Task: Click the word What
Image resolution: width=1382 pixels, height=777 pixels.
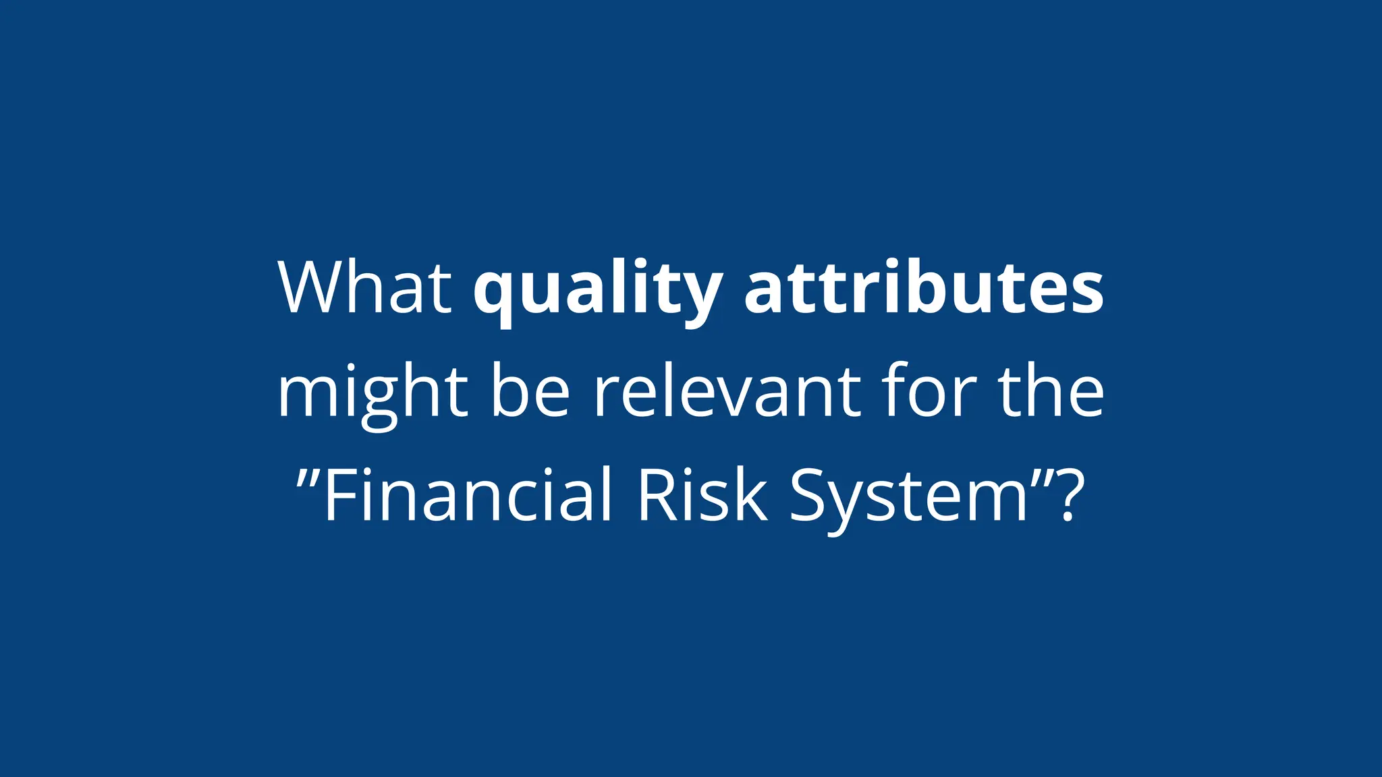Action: click(364, 288)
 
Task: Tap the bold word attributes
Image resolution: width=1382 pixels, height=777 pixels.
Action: click(924, 288)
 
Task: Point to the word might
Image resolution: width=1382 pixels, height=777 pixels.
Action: click(372, 393)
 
